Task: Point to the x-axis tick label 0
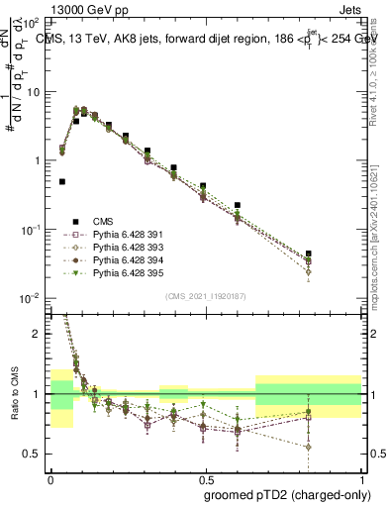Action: (x=50, y=477)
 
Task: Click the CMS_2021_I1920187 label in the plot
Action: (x=206, y=296)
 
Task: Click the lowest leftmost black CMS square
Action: (x=62, y=181)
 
